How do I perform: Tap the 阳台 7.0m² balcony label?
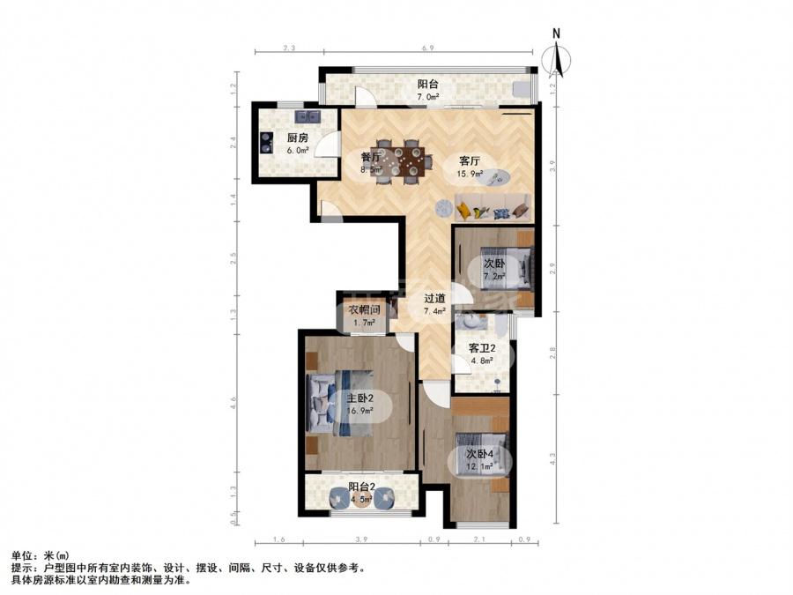(428, 89)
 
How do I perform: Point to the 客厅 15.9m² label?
(470, 167)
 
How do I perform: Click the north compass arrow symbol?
(557, 58)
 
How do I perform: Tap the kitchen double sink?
(308, 116)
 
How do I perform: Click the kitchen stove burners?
(266, 142)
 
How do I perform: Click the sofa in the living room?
(493, 207)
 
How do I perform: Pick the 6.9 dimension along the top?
(428, 48)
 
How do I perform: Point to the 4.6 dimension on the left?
(233, 403)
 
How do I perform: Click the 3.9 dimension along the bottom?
(361, 539)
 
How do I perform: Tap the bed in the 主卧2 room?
(340, 403)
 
